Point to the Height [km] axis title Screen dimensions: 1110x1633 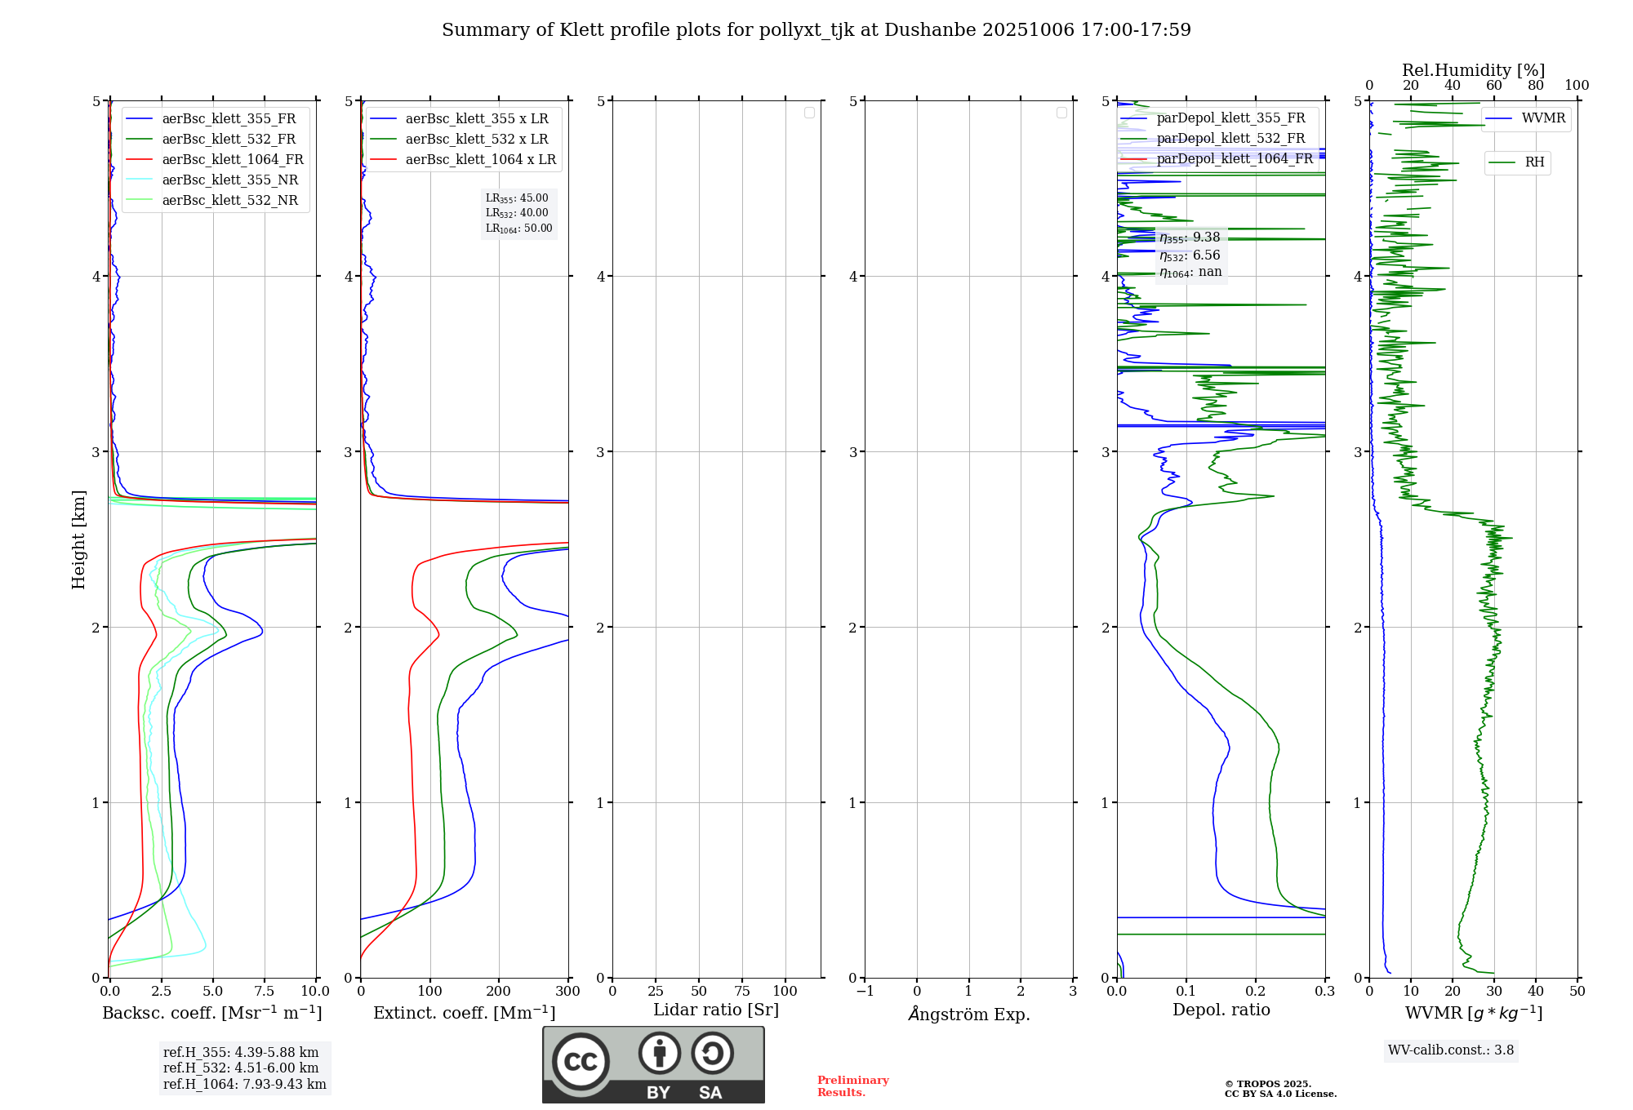point(78,539)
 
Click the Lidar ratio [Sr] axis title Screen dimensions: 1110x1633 point(715,1010)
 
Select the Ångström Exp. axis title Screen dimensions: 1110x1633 point(968,1014)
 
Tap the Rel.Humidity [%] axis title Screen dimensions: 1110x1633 point(1473,70)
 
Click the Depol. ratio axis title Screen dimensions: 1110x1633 point(1221,1010)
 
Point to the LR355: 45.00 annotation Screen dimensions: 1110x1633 point(517,198)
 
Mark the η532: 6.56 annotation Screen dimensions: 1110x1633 point(1190,255)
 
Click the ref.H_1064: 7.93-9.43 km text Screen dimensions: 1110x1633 point(244,1085)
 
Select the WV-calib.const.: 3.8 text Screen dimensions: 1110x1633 point(1450,1050)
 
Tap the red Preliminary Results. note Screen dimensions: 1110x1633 point(852,1086)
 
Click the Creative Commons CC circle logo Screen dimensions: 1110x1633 point(581,1062)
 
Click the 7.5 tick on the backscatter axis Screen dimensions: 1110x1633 point(265,992)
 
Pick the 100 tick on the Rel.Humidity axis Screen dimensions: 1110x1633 point(1577,86)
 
